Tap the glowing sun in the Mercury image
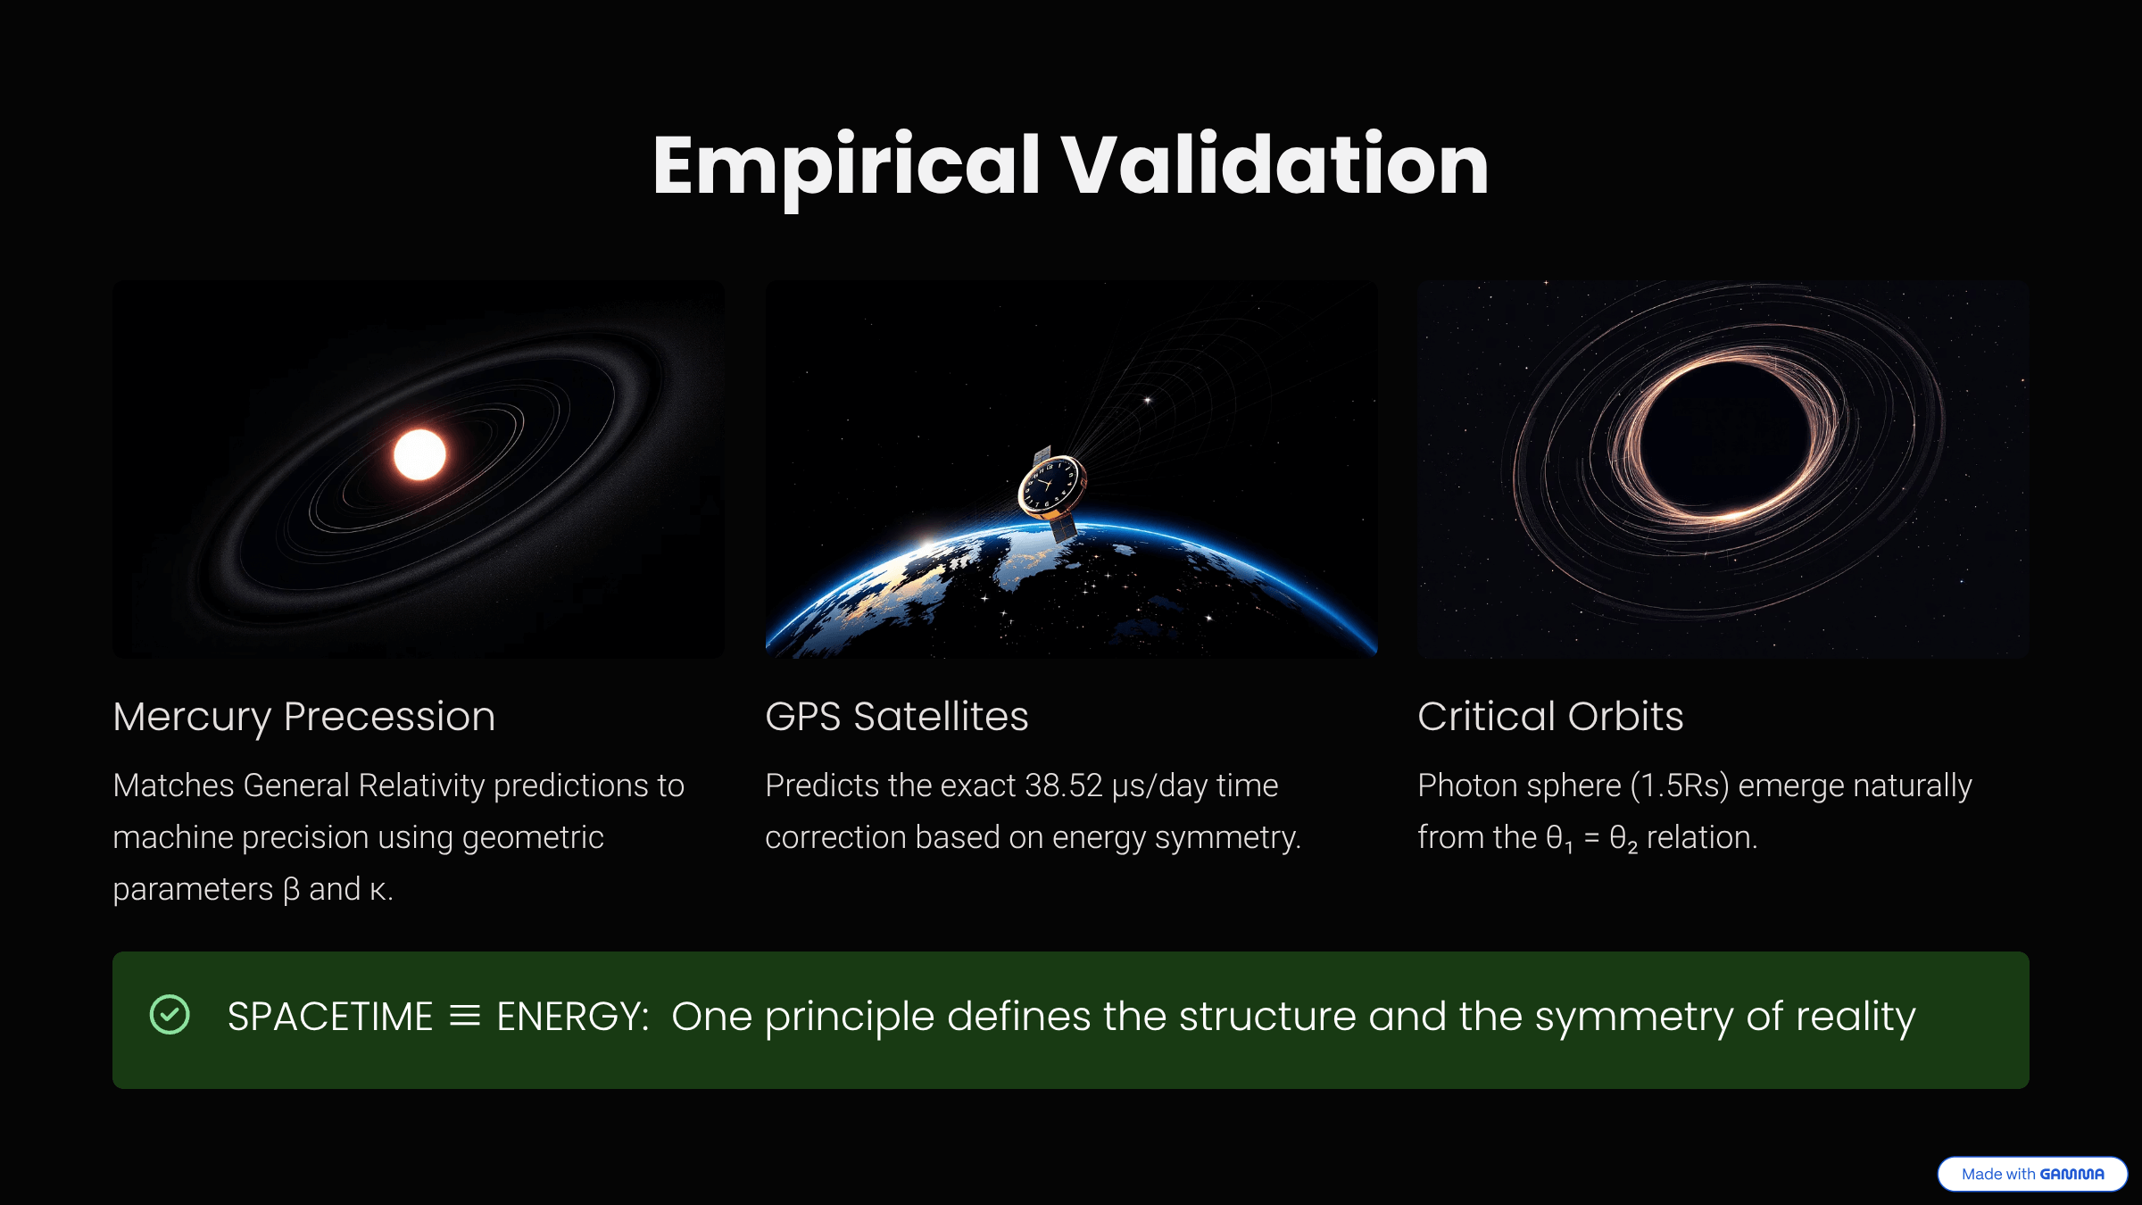419,454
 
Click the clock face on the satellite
1050,486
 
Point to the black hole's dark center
1727,437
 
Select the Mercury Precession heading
303,717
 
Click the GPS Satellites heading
896,717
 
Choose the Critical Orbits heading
1550,717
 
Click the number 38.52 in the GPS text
1063,785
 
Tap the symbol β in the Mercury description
291,890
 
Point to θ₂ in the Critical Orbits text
1623,839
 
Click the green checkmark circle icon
170,1015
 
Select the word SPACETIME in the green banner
330,1017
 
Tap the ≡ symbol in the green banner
464,1017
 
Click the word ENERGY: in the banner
572,1017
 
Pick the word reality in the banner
1856,1017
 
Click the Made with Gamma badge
2032,1174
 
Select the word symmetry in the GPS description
1227,838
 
